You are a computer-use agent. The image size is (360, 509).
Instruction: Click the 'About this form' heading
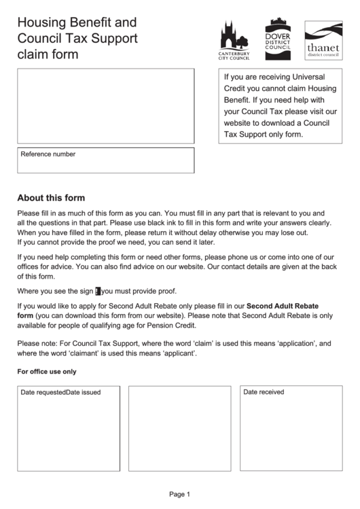[x=51, y=198]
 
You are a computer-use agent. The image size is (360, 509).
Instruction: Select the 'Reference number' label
[x=48, y=154]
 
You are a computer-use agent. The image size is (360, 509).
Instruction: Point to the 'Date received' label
[x=264, y=392]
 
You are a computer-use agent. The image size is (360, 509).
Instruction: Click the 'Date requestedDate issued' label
[x=60, y=393]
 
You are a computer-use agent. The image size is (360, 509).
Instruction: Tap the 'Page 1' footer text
[x=179, y=494]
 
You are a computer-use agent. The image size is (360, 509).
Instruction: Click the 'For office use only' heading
[x=46, y=372]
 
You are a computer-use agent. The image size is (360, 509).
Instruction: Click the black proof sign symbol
[x=98, y=291]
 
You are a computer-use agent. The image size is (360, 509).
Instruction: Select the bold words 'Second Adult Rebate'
[x=282, y=306]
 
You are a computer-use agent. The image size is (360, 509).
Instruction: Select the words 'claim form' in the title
[x=48, y=54]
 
